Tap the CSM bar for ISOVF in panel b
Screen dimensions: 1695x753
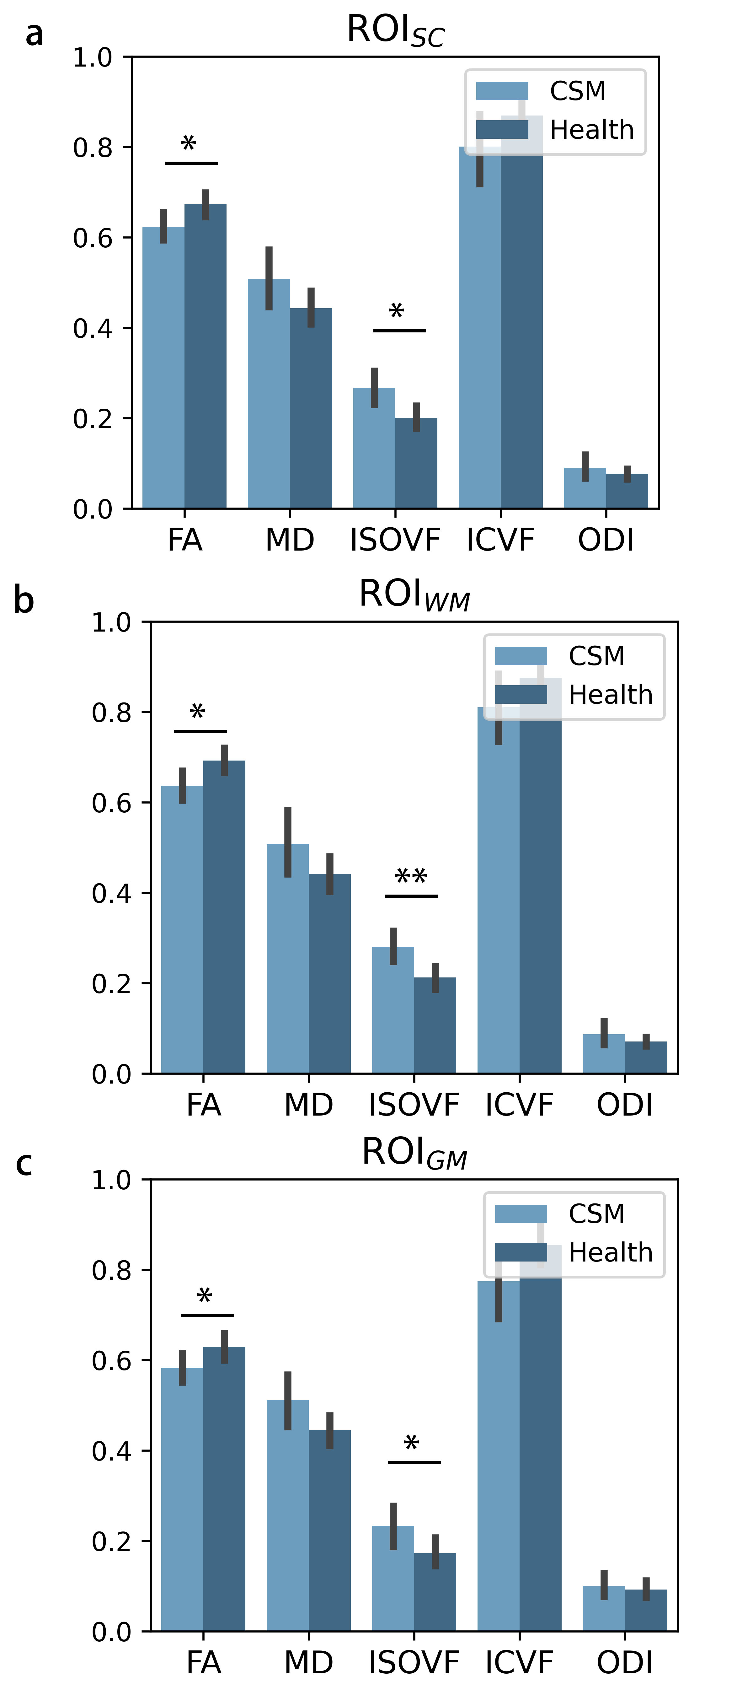(393, 1013)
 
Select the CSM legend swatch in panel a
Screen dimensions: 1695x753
(502, 91)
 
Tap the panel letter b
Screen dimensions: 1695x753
(24, 600)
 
